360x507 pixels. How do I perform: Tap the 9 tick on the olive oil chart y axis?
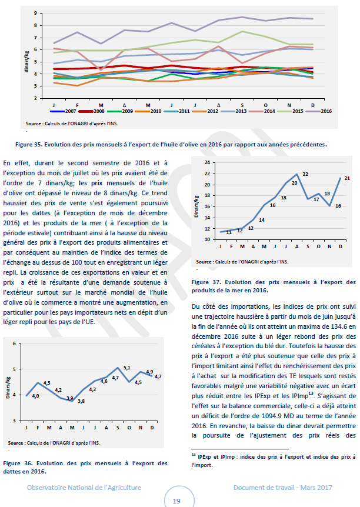click(x=37, y=13)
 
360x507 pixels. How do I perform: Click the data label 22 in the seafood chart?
click(x=305, y=174)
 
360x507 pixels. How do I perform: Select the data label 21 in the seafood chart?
click(x=347, y=178)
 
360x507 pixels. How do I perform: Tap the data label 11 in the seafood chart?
click(x=229, y=232)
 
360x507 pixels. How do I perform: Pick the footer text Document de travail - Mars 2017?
click(x=283, y=488)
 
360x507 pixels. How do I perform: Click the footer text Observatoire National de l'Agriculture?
click(x=84, y=488)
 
